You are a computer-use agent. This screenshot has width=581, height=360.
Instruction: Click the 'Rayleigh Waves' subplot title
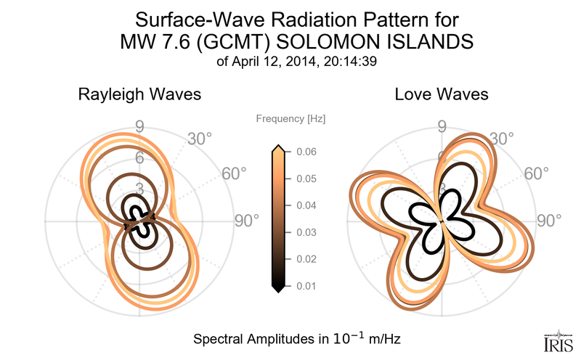click(x=139, y=95)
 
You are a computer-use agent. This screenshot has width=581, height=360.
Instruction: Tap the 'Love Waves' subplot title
click(x=441, y=95)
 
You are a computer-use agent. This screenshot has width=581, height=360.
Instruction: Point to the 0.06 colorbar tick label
click(x=306, y=152)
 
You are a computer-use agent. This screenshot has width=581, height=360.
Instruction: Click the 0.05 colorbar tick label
click(x=306, y=179)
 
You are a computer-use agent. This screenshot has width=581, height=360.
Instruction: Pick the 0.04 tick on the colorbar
click(x=306, y=205)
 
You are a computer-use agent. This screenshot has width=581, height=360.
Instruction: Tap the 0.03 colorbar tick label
click(x=306, y=232)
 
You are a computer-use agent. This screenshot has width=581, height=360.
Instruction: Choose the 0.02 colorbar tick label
click(x=306, y=259)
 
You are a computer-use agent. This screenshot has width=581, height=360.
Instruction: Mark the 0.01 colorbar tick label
click(x=306, y=286)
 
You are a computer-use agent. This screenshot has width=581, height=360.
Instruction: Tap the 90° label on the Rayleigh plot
click(x=246, y=221)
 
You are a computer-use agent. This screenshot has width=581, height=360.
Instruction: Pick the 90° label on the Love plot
click(x=549, y=221)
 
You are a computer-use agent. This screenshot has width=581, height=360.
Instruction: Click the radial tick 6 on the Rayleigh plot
click(x=138, y=158)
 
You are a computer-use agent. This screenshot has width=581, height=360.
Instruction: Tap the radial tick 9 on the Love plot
click(x=441, y=128)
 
